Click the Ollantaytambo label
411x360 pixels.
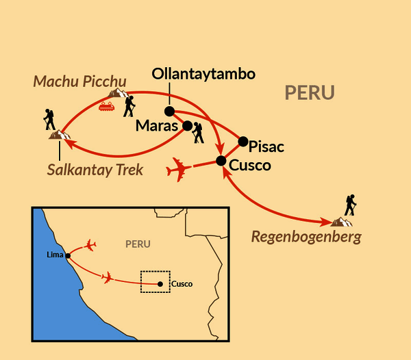(x=203, y=74)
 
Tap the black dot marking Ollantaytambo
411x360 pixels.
(x=170, y=112)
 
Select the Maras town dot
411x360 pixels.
(x=188, y=126)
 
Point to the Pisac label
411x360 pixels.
(x=266, y=146)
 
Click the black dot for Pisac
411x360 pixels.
(x=243, y=142)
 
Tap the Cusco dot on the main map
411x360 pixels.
(x=221, y=161)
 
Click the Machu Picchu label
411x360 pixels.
(x=79, y=81)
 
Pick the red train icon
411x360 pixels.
(x=107, y=106)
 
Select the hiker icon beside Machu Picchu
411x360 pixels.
(x=129, y=106)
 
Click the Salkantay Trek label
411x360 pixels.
(x=95, y=170)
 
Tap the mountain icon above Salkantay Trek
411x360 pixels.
(x=60, y=135)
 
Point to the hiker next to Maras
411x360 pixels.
(x=198, y=133)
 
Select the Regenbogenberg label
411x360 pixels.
(x=306, y=237)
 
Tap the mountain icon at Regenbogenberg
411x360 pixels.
(x=342, y=222)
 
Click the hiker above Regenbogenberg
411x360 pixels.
(x=351, y=205)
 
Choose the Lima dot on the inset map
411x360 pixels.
(x=68, y=256)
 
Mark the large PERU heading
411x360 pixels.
(x=310, y=92)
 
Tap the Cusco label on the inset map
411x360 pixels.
(x=182, y=284)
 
